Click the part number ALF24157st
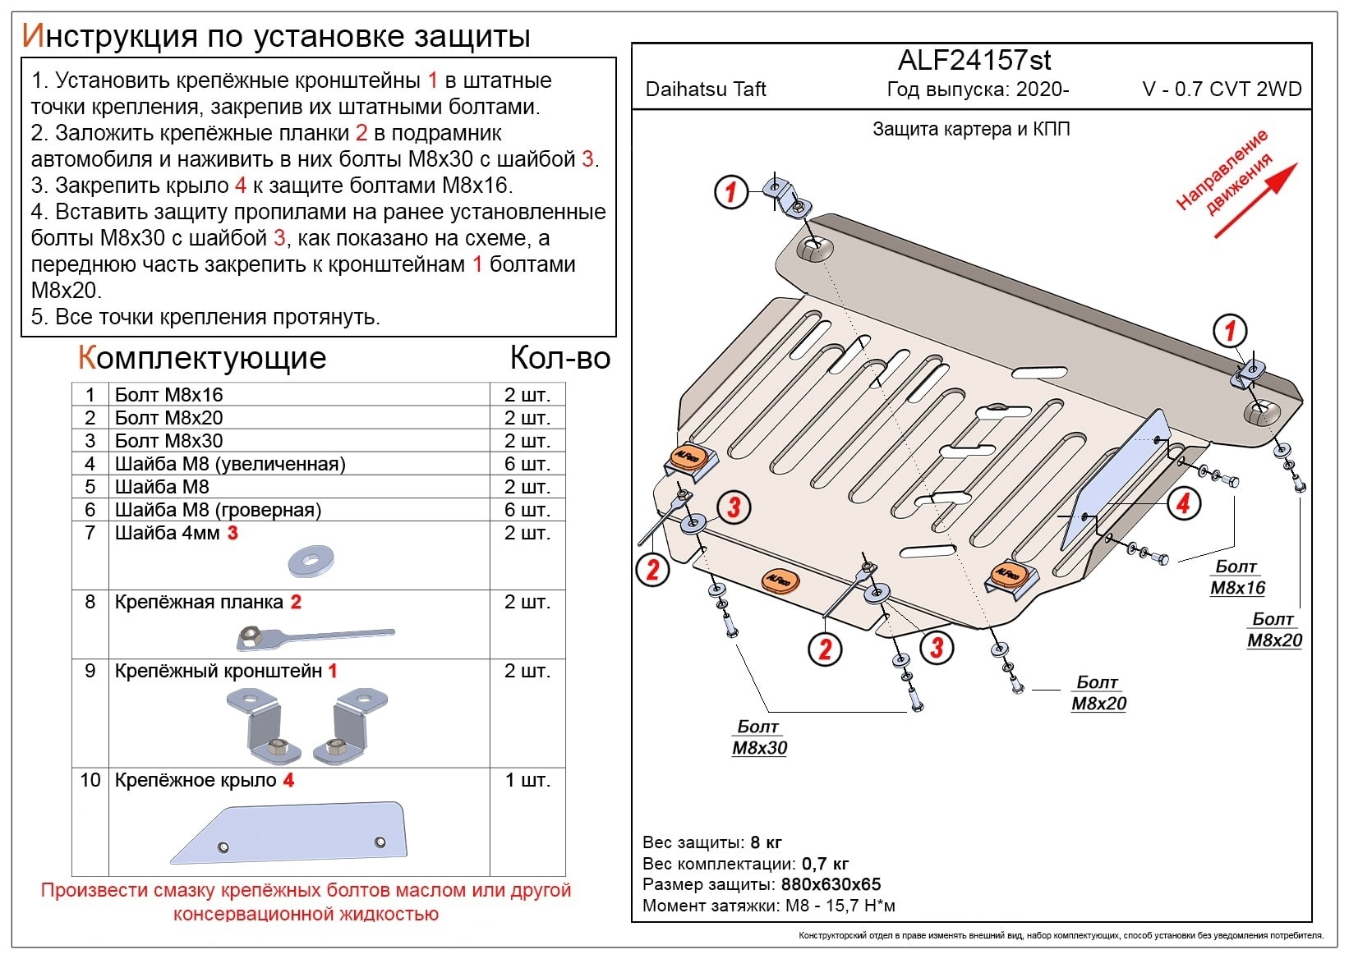pyautogui.click(x=974, y=60)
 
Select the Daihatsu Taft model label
pyautogui.click(x=706, y=89)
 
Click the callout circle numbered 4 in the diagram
pyautogui.click(x=1183, y=502)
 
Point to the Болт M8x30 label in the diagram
pyautogui.click(x=759, y=737)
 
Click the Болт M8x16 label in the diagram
pyautogui.click(x=1236, y=577)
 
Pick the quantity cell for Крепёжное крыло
pyautogui.click(x=527, y=780)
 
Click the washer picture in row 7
pyautogui.click(x=310, y=562)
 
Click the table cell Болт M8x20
pyautogui.click(x=168, y=418)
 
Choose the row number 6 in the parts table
pyautogui.click(x=90, y=510)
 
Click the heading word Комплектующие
pyautogui.click(x=202, y=359)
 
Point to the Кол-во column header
pyautogui.click(x=559, y=359)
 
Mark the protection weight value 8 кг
pyautogui.click(x=766, y=842)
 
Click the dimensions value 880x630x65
pyautogui.click(x=829, y=884)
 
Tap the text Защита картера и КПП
pyautogui.click(x=971, y=129)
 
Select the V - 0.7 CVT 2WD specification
pyautogui.click(x=1222, y=89)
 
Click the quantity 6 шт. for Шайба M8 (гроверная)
pyautogui.click(x=527, y=510)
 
